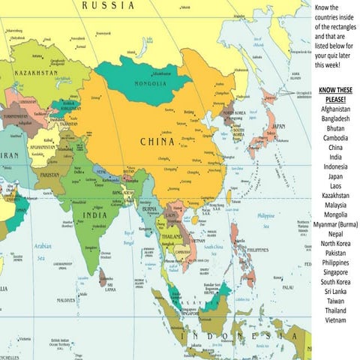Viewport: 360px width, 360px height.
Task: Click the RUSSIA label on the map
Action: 108,5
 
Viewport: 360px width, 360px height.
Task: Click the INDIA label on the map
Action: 94,214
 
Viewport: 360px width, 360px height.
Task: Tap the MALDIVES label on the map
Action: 65,301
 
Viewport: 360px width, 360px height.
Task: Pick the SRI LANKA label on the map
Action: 109,286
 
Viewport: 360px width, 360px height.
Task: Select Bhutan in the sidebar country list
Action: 335,128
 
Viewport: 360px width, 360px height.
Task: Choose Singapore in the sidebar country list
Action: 335,272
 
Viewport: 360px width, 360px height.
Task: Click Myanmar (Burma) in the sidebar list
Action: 335,224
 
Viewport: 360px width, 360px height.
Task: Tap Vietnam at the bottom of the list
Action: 335,320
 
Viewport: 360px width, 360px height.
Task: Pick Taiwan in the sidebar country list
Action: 335,301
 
